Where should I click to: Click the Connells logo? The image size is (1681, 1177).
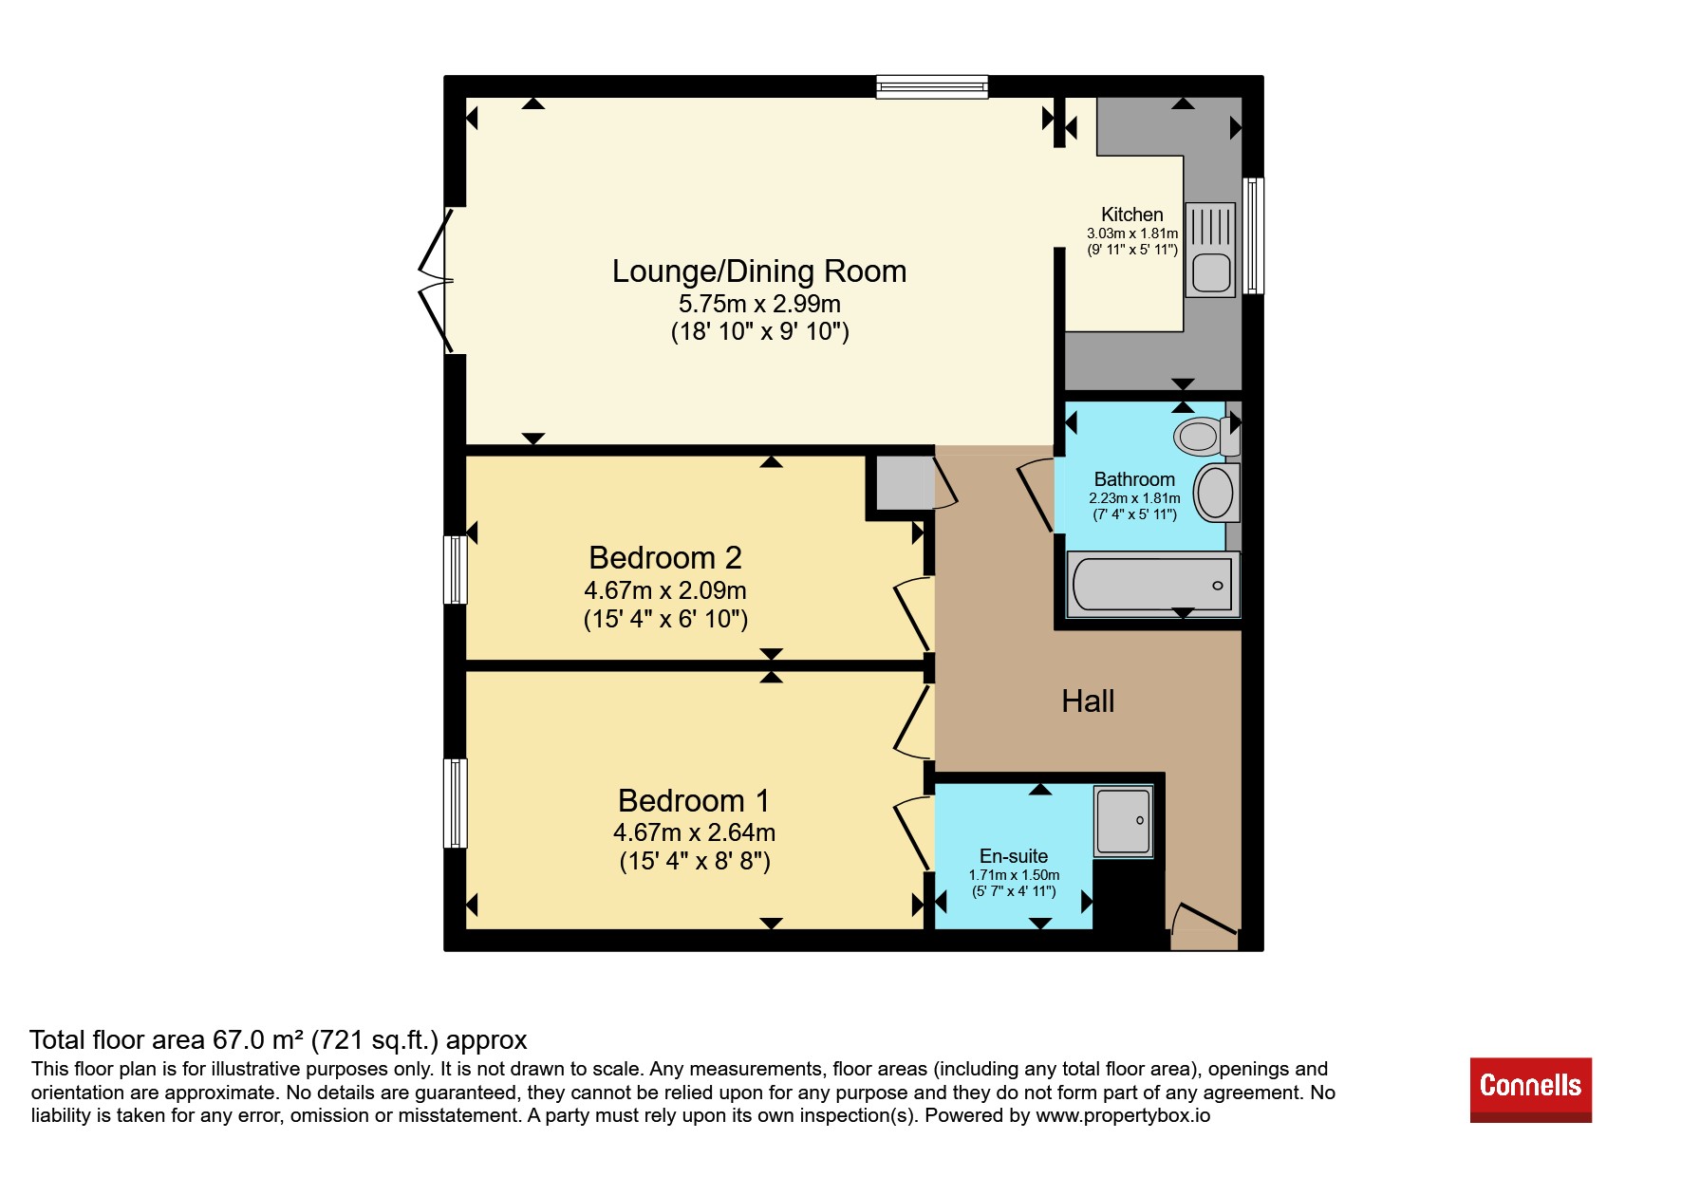(x=1530, y=1089)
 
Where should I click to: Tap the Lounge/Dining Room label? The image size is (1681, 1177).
(x=759, y=271)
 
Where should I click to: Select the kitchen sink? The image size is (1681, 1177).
(x=1211, y=249)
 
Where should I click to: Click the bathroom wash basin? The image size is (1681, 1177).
(x=1216, y=493)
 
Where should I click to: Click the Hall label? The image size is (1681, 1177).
(x=1088, y=701)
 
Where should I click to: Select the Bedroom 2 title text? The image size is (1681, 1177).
(x=665, y=557)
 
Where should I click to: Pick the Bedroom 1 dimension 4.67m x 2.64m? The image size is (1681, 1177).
(x=695, y=832)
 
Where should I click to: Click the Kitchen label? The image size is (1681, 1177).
(x=1132, y=215)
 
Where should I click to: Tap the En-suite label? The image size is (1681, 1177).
(x=1014, y=856)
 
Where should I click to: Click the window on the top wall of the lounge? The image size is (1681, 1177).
(x=932, y=87)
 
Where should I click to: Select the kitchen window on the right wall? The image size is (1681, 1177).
(x=1253, y=235)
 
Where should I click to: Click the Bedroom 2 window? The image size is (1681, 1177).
(x=456, y=570)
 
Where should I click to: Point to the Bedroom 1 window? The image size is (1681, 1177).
(x=456, y=803)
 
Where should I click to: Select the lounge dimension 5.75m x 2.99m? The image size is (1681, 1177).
(x=759, y=304)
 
